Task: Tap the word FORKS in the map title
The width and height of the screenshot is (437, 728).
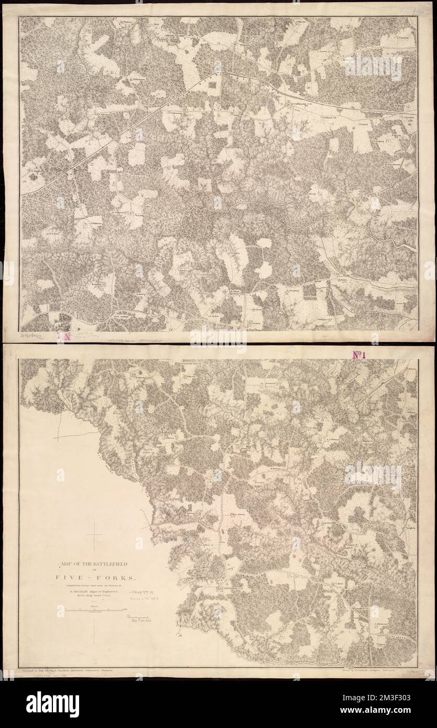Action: (x=119, y=578)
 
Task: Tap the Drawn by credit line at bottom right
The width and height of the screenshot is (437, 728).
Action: (x=375, y=670)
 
